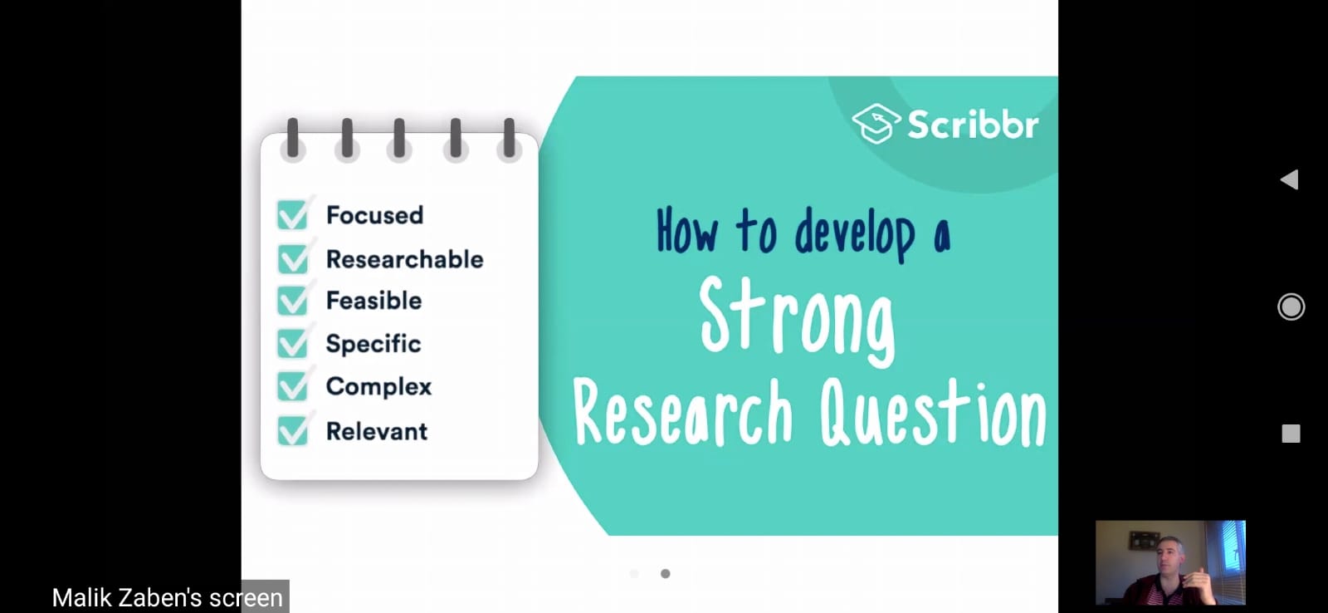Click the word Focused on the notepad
click(x=374, y=215)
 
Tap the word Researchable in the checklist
click(x=405, y=259)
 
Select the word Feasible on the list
click(x=374, y=300)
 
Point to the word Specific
click(x=373, y=344)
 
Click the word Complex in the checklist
click(x=378, y=387)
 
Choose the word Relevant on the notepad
click(x=377, y=431)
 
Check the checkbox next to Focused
click(x=292, y=215)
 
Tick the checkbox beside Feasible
click(x=292, y=300)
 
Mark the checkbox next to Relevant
click(x=292, y=431)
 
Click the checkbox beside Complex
click(x=292, y=386)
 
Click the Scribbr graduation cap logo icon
click(x=876, y=124)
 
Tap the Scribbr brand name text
click(x=973, y=125)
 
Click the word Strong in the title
click(x=797, y=321)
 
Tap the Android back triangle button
click(x=1290, y=179)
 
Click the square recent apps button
click(x=1291, y=434)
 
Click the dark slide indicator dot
click(x=665, y=574)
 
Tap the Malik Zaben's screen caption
click(x=167, y=597)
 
